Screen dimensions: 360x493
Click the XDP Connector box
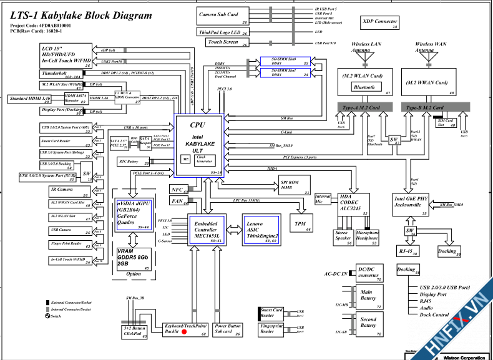tap(380, 23)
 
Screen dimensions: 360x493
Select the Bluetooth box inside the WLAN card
tap(364, 87)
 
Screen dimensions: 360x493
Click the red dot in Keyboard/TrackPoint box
tap(184, 331)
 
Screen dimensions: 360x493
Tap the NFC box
tap(178, 189)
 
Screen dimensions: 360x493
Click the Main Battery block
tap(368, 297)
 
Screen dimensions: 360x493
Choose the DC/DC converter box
tap(368, 273)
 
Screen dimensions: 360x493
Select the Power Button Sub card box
tap(227, 329)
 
